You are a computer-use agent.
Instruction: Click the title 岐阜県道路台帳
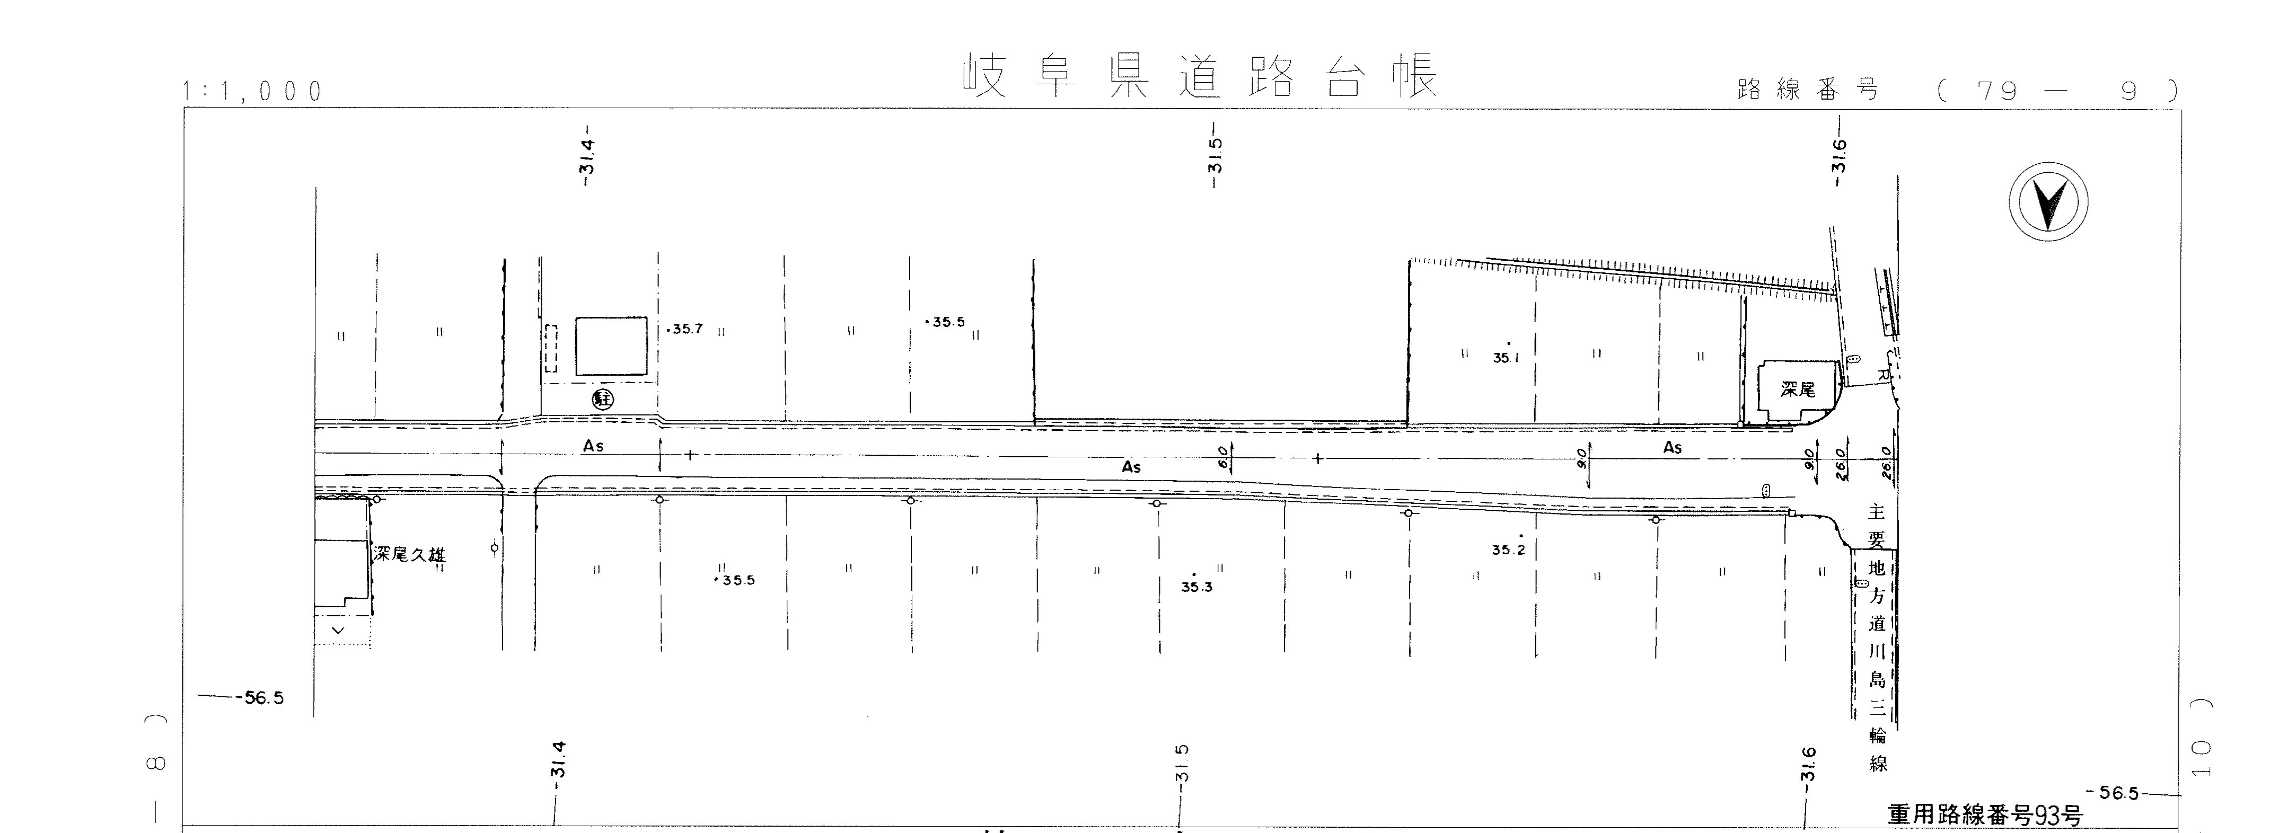[1199, 78]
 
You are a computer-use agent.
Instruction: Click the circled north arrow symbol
[2047, 201]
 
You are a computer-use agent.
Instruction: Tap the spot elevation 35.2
[1508, 549]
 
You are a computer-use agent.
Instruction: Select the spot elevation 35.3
[1196, 586]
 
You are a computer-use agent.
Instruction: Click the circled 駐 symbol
[604, 399]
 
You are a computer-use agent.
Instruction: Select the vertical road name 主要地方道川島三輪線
[1877, 637]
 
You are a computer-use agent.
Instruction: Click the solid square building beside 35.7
[611, 345]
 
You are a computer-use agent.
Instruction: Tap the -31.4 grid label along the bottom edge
[557, 760]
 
